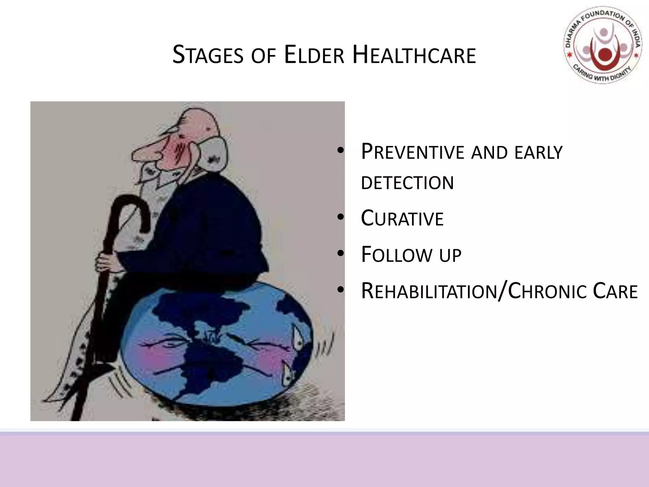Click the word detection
407,183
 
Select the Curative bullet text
402,219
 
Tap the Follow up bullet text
411,255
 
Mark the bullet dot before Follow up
340,254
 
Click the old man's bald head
200,122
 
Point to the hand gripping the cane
106,262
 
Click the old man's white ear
215,152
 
